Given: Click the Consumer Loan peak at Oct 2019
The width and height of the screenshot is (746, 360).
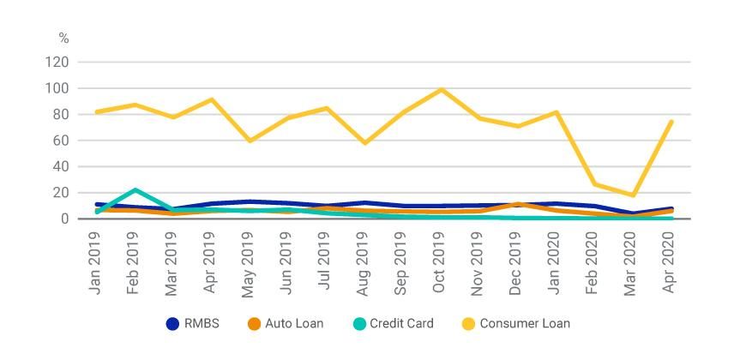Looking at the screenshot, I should click(442, 89).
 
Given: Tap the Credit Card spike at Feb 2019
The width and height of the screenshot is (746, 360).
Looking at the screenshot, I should click(135, 189).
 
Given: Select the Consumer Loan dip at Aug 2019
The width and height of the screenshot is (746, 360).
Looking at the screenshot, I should click(365, 142).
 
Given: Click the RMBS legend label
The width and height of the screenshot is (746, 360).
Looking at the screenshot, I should click(202, 324).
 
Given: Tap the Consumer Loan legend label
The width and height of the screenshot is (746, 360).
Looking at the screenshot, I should click(525, 324).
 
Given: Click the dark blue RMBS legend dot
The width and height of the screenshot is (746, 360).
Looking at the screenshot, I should click(173, 324).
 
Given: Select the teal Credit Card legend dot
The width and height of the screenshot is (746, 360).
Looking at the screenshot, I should click(359, 324).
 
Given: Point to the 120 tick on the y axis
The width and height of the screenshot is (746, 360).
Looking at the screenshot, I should click(57, 62).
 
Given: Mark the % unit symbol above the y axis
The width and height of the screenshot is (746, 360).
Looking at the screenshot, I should click(63, 39).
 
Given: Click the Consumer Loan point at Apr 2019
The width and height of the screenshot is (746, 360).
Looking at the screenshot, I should click(212, 99).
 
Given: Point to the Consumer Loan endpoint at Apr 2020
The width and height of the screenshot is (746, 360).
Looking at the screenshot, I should click(671, 122).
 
